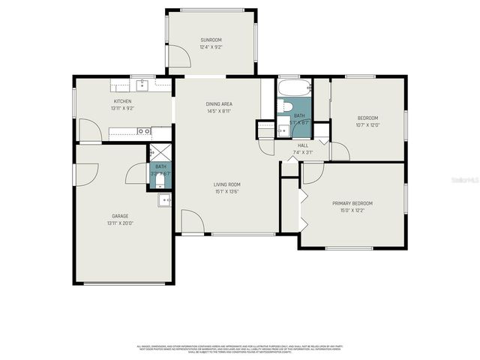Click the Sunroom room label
[x=211, y=40]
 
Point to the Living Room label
[x=226, y=184]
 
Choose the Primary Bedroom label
[x=352, y=203]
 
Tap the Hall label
[x=303, y=145]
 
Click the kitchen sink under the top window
[x=140, y=84]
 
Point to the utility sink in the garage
[x=164, y=200]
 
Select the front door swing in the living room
[x=192, y=223]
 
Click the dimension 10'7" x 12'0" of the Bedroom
[x=367, y=125]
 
